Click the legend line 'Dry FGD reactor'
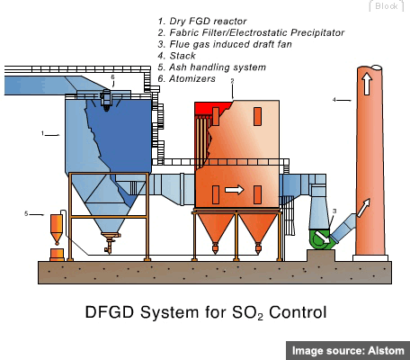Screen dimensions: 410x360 point(202,22)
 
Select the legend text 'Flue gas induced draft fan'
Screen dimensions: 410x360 point(225,44)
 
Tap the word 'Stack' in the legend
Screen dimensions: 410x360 point(183,56)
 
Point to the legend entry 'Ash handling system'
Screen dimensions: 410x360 point(212,67)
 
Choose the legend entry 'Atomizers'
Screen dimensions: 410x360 point(187,78)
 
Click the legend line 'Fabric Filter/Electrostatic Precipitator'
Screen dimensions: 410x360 point(251,32)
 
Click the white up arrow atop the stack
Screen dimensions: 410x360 point(368,83)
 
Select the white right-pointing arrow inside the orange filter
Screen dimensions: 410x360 point(235,190)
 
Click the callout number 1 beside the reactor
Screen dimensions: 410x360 point(42,133)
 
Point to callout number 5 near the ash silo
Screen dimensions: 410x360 point(26,214)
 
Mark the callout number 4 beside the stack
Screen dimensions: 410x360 point(334,100)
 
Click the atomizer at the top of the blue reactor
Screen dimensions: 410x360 point(106,99)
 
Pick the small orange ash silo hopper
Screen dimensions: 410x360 point(57,229)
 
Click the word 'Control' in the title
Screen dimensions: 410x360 point(298,312)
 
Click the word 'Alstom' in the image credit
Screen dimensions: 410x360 point(386,351)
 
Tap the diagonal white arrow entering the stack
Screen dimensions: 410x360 point(363,208)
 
